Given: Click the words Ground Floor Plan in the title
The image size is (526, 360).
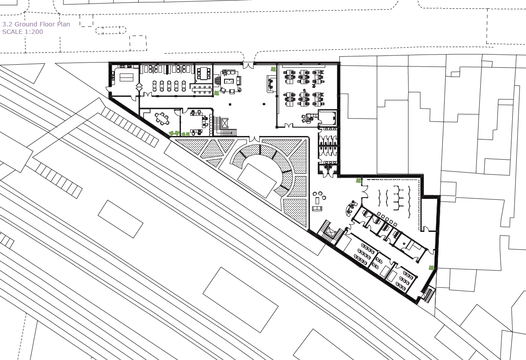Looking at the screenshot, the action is (42, 24).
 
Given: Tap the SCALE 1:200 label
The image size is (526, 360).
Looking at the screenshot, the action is (22, 32).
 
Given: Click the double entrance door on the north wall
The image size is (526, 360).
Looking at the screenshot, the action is (248, 65).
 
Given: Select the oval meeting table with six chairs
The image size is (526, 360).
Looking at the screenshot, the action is (162, 118).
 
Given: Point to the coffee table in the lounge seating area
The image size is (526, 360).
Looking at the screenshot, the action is (230, 81).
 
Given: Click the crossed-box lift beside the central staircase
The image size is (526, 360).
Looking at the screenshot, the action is (224, 123).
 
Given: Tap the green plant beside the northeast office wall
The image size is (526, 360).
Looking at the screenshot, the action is (273, 69).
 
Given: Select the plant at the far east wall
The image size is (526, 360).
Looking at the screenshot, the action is (431, 268).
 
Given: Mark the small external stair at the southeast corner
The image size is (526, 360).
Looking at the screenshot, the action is (428, 294).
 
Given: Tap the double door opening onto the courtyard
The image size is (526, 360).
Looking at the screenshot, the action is (254, 139).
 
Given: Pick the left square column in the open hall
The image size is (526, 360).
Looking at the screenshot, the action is (230, 104).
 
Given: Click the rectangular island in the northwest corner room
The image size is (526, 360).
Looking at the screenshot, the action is (126, 77).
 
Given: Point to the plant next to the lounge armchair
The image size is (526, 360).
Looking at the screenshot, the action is (217, 92).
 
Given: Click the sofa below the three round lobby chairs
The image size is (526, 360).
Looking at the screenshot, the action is (317, 209).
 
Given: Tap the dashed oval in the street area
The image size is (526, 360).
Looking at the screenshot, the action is (110, 30).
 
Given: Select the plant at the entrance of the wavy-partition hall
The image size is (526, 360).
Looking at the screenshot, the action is (359, 181).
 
